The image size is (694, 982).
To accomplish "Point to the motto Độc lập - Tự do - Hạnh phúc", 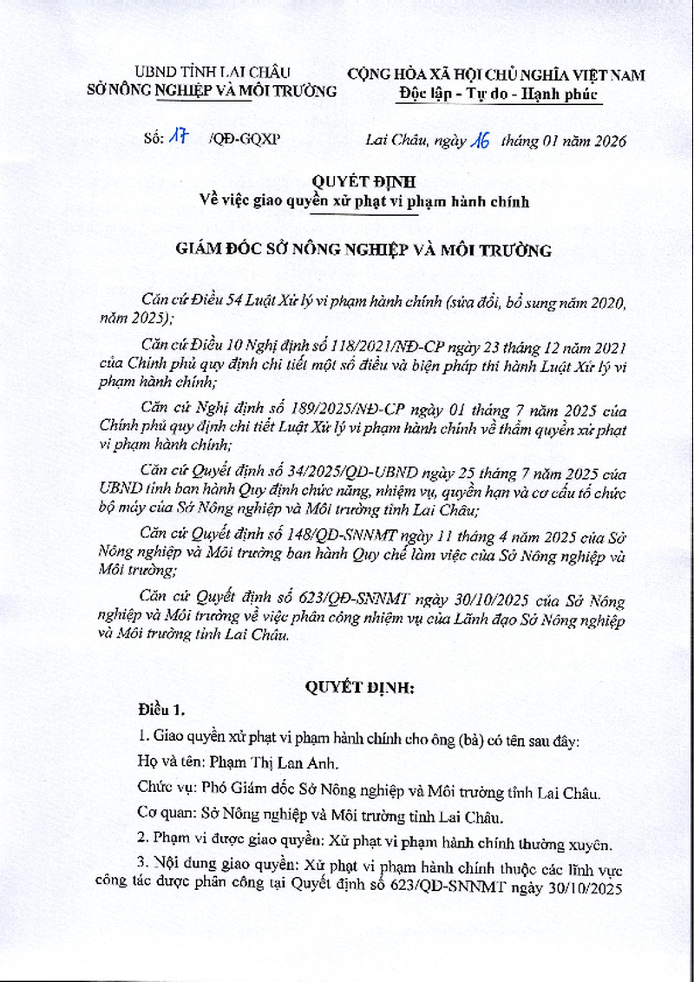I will point(500,95).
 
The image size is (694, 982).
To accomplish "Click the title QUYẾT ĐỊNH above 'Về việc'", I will point(364,181).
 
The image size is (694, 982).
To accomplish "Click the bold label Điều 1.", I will point(161,711).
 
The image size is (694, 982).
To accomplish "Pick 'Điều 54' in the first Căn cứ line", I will point(218,301).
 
